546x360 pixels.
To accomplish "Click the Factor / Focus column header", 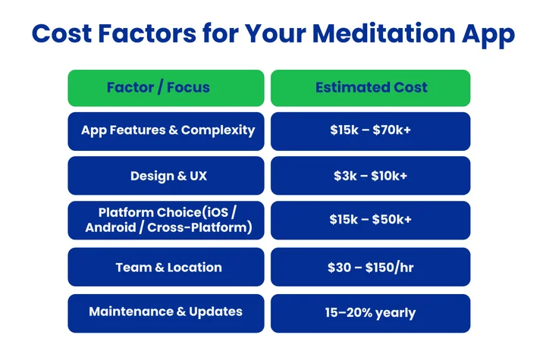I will [x=165, y=87].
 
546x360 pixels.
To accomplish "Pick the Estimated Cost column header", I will [x=371, y=87].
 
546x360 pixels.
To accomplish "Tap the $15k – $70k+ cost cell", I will [x=371, y=130].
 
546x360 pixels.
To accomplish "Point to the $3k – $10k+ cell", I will [x=371, y=176].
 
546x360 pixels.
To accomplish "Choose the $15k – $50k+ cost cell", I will [x=371, y=220].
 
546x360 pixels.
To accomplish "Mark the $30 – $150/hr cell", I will [x=371, y=267].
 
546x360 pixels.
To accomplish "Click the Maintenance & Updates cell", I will [x=165, y=311].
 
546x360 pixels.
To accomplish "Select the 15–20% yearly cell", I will [x=371, y=311].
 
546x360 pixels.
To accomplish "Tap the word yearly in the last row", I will [x=394, y=311].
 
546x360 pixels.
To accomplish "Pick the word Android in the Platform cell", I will [x=111, y=227].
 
